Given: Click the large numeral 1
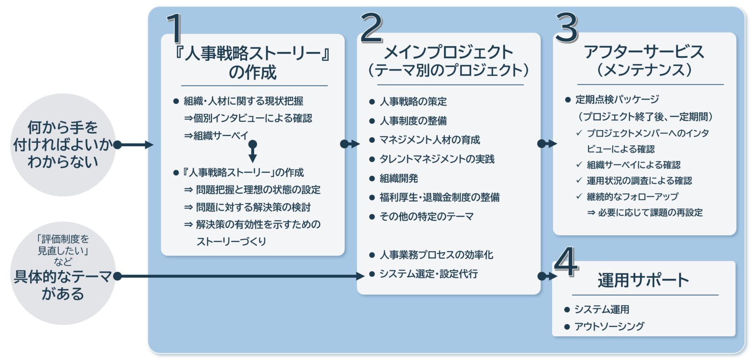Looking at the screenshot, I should [x=174, y=28].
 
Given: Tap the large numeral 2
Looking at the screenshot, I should [x=372, y=28].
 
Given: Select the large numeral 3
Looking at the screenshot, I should [x=567, y=28].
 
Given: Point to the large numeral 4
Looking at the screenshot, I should [x=566, y=261].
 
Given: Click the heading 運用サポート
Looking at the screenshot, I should [x=643, y=280].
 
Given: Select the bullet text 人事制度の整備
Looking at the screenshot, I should [x=413, y=121].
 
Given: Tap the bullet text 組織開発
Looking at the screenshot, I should [x=399, y=178].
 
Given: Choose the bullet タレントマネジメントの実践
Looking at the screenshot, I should [x=437, y=159].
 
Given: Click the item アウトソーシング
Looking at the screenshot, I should [x=609, y=326].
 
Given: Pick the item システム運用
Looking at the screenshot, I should [x=602, y=310].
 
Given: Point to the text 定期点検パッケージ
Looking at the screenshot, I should [x=617, y=100].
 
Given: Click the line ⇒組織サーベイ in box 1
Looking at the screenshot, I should [x=216, y=136].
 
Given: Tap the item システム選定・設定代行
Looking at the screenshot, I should [x=429, y=274].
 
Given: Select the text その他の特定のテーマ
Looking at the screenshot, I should [x=426, y=216].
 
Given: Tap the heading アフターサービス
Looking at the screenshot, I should [x=644, y=52].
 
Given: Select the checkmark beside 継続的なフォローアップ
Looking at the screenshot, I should [x=579, y=197].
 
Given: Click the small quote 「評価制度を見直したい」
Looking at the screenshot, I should [x=63, y=245].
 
